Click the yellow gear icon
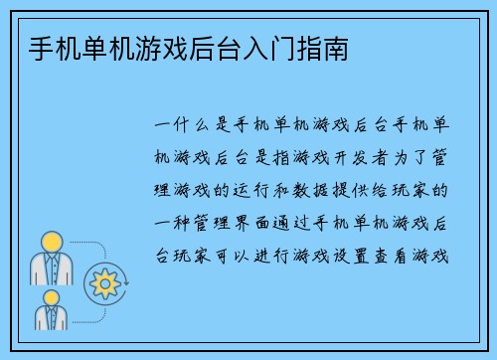[x=103, y=283]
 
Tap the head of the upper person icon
[x=51, y=240]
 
